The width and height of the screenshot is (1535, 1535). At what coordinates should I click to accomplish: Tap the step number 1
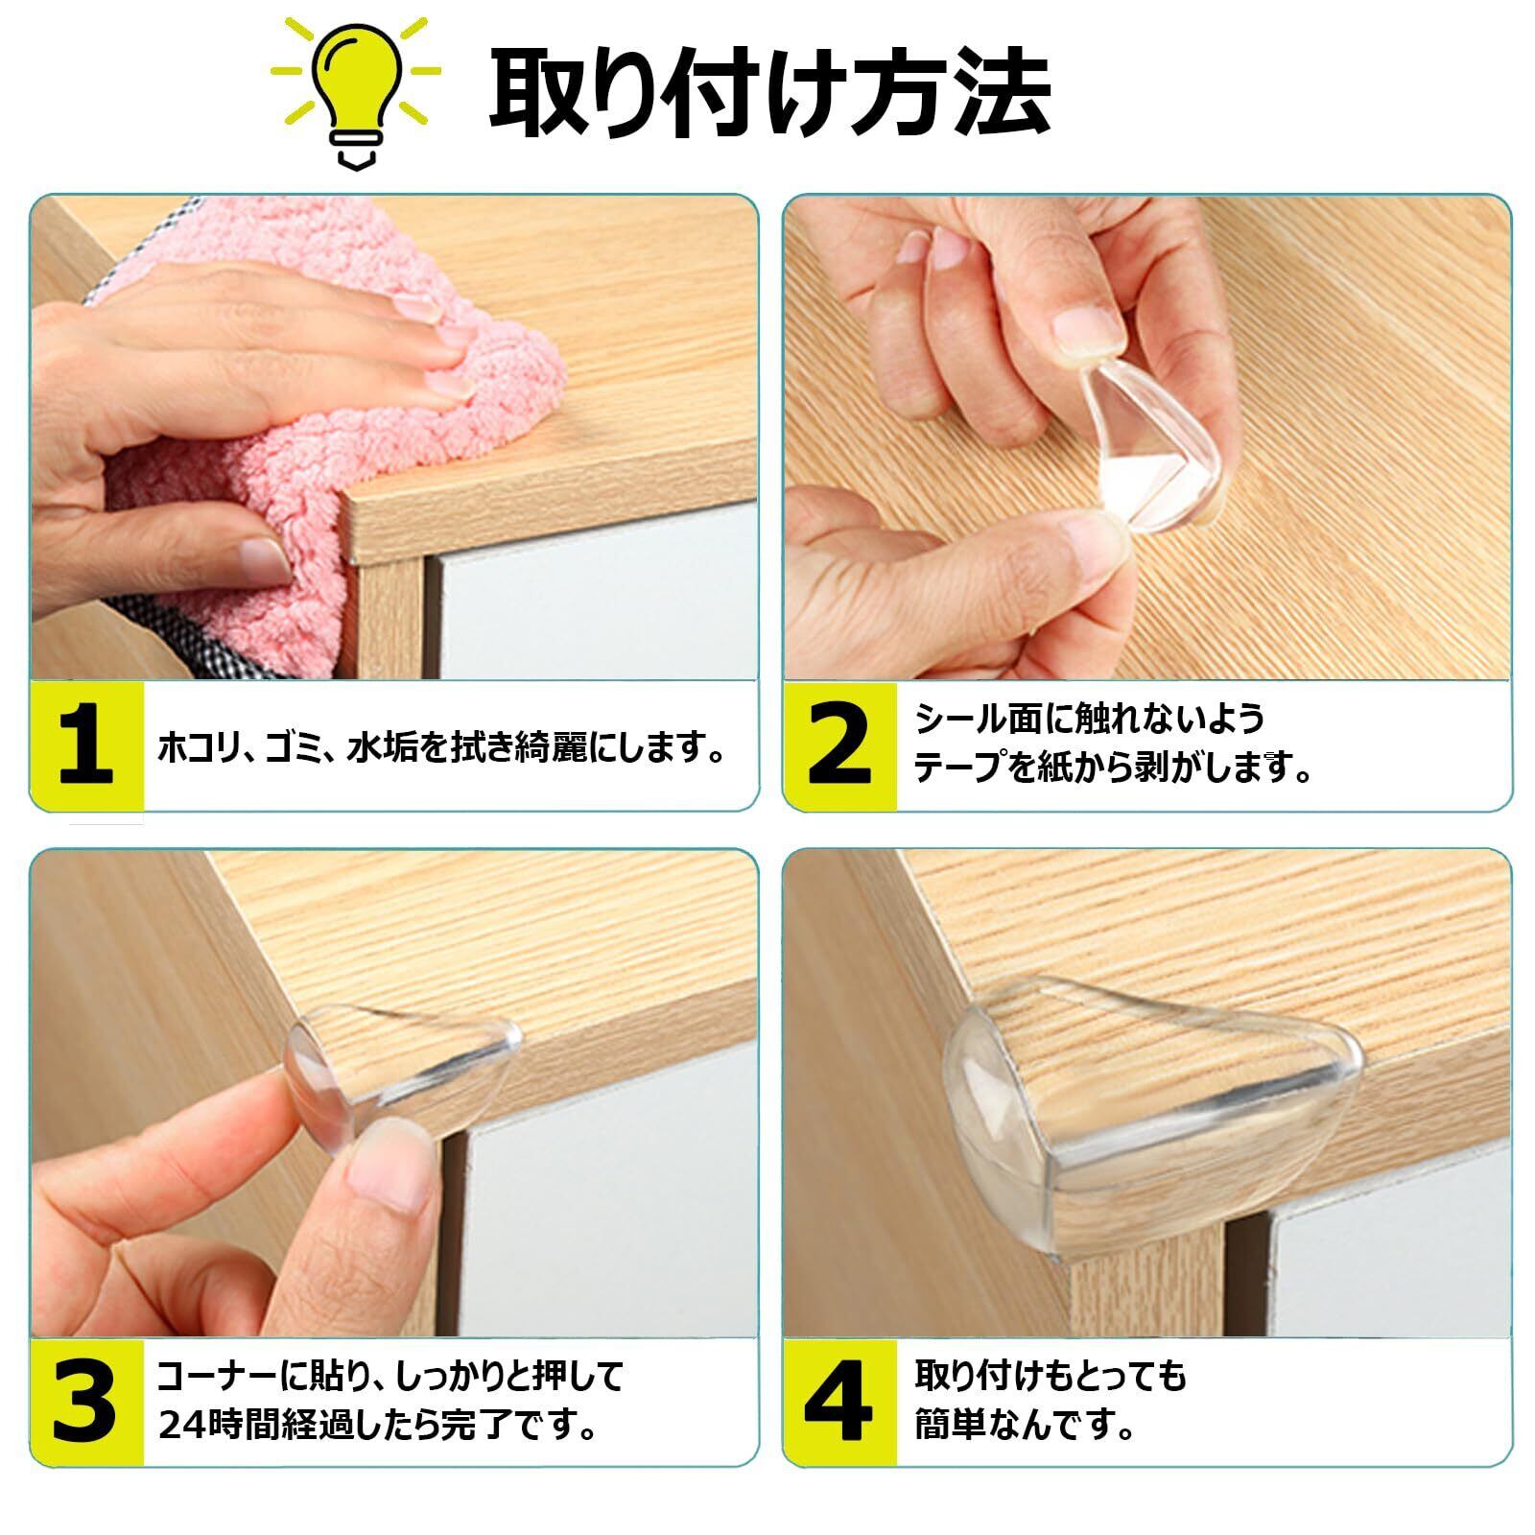(86, 746)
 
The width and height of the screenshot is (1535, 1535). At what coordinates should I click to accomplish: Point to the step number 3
(85, 1402)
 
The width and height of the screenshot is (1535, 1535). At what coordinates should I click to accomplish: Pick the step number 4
(838, 1402)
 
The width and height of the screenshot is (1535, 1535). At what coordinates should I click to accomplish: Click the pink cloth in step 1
(317, 403)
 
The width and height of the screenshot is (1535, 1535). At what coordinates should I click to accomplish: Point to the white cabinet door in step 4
(1391, 1266)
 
